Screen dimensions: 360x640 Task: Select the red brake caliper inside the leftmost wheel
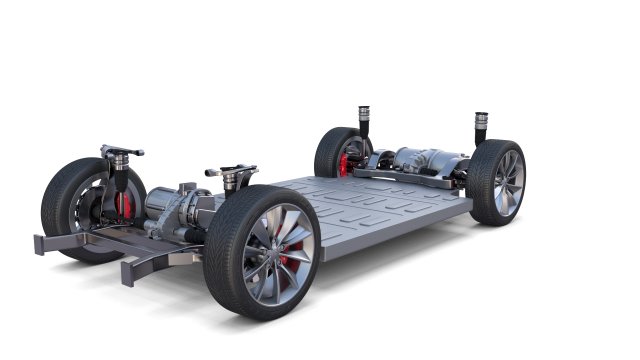tap(124, 205)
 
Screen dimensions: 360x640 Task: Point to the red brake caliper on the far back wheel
tap(345, 164)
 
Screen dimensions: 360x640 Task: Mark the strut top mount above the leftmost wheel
tap(120, 152)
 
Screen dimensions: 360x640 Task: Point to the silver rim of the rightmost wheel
tap(508, 182)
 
